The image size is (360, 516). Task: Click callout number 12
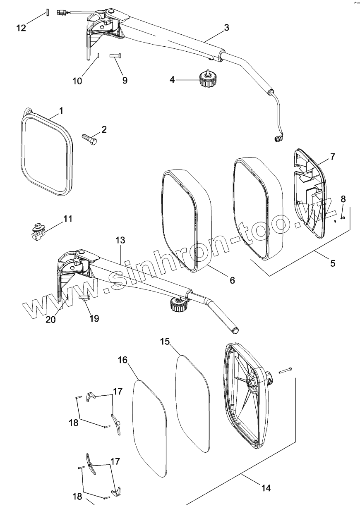click(21, 28)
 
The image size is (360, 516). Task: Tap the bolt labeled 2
click(90, 139)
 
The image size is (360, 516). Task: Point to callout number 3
click(226, 27)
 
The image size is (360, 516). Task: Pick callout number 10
click(77, 81)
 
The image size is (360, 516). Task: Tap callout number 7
click(333, 156)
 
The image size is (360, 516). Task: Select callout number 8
click(343, 199)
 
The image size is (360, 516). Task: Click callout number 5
click(333, 263)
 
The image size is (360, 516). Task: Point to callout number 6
click(232, 280)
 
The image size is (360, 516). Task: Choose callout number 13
click(120, 240)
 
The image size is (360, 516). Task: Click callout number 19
click(94, 318)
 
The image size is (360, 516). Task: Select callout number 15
click(165, 341)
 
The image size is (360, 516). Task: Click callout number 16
click(122, 359)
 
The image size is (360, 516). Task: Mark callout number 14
click(266, 488)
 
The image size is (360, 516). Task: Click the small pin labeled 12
click(48, 12)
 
